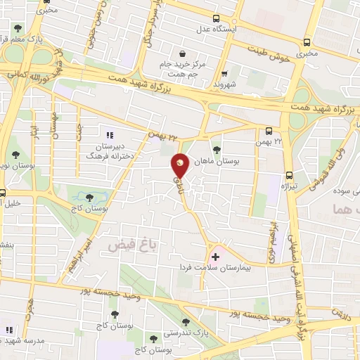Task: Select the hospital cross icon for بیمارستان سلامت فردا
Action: pyautogui.click(x=214, y=257)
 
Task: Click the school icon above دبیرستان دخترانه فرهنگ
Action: pyautogui.click(x=108, y=134)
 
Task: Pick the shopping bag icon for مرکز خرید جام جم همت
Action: pyautogui.click(x=182, y=53)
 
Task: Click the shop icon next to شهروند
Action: pyautogui.click(x=224, y=73)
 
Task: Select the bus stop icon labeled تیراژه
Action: pyautogui.click(x=289, y=175)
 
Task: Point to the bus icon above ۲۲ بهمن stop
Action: pyautogui.click(x=269, y=130)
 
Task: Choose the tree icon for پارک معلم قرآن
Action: pyautogui.click(x=18, y=29)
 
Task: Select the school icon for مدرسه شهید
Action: pyautogui.click(x=10, y=329)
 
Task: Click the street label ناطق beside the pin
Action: pyautogui.click(x=177, y=184)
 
